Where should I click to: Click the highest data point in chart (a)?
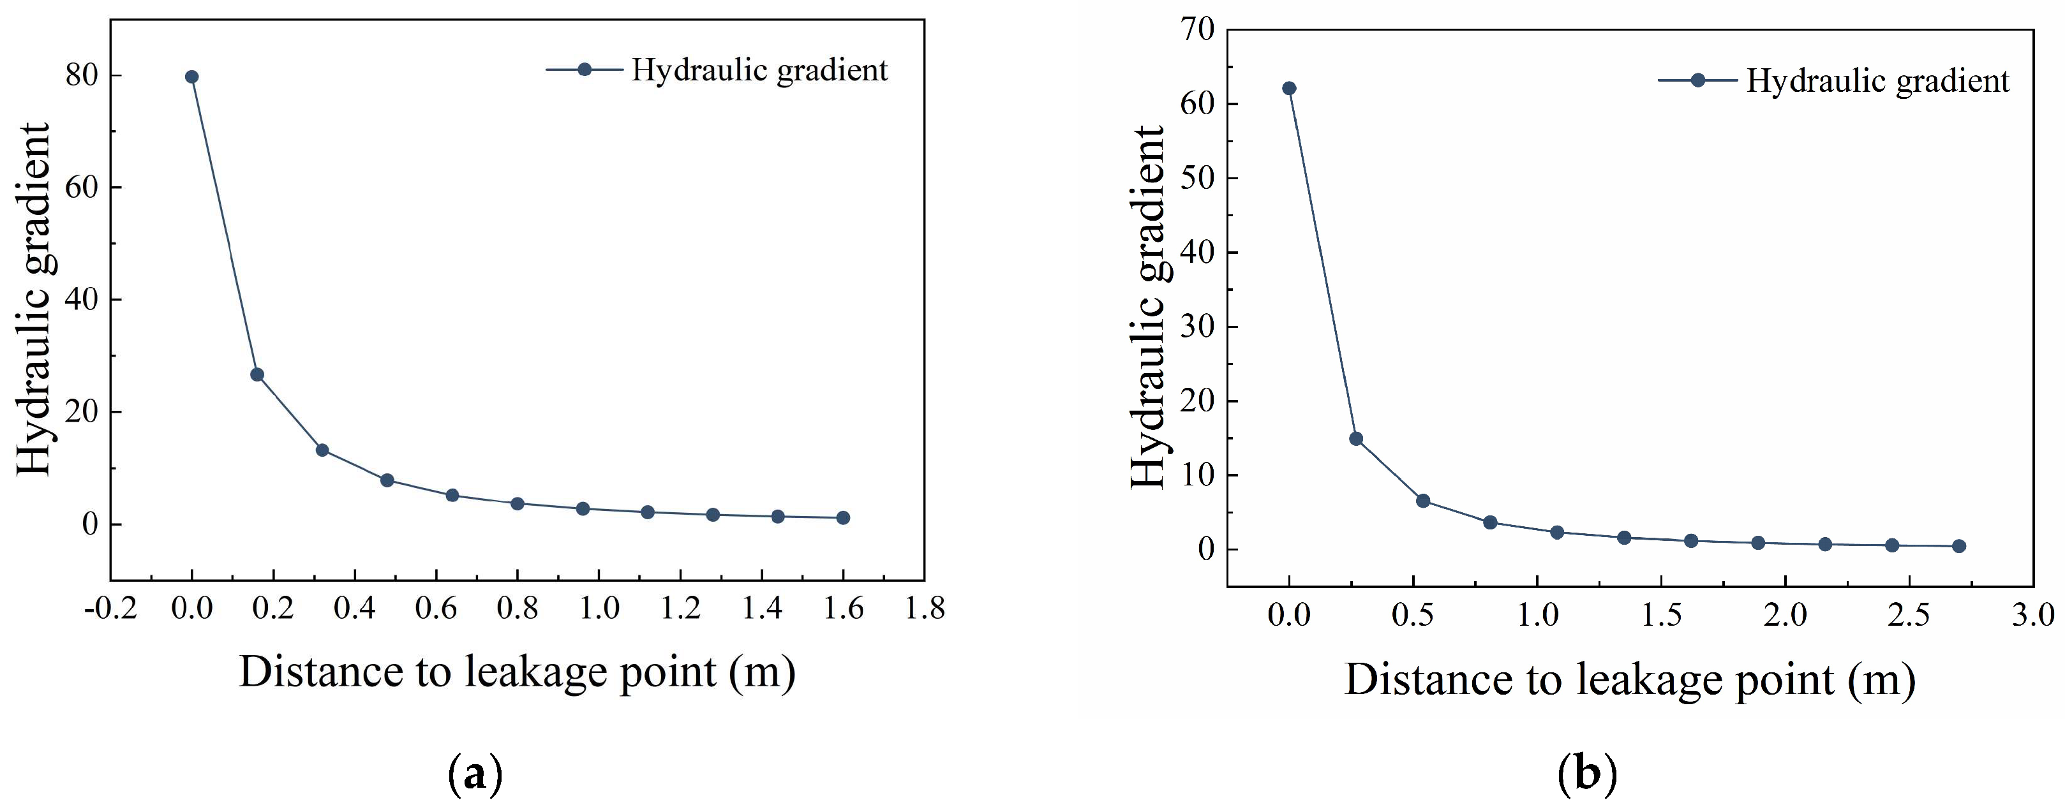point(191,77)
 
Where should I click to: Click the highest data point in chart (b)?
point(1289,88)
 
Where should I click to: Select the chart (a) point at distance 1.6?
point(842,518)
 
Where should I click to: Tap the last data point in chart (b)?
point(1958,546)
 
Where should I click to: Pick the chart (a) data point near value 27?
point(257,374)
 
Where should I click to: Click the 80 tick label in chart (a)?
point(82,75)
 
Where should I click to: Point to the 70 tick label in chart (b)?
point(1198,29)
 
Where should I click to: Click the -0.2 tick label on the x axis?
point(110,609)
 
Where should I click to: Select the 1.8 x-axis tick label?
point(924,609)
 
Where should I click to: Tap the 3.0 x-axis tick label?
point(2033,615)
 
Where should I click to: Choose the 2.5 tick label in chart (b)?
point(1909,615)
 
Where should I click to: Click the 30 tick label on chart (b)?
point(1198,326)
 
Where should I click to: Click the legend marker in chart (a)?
point(585,70)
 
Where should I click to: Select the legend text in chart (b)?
point(1877,80)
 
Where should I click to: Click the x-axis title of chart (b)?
point(1630,680)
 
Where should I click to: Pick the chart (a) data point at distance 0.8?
point(517,503)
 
